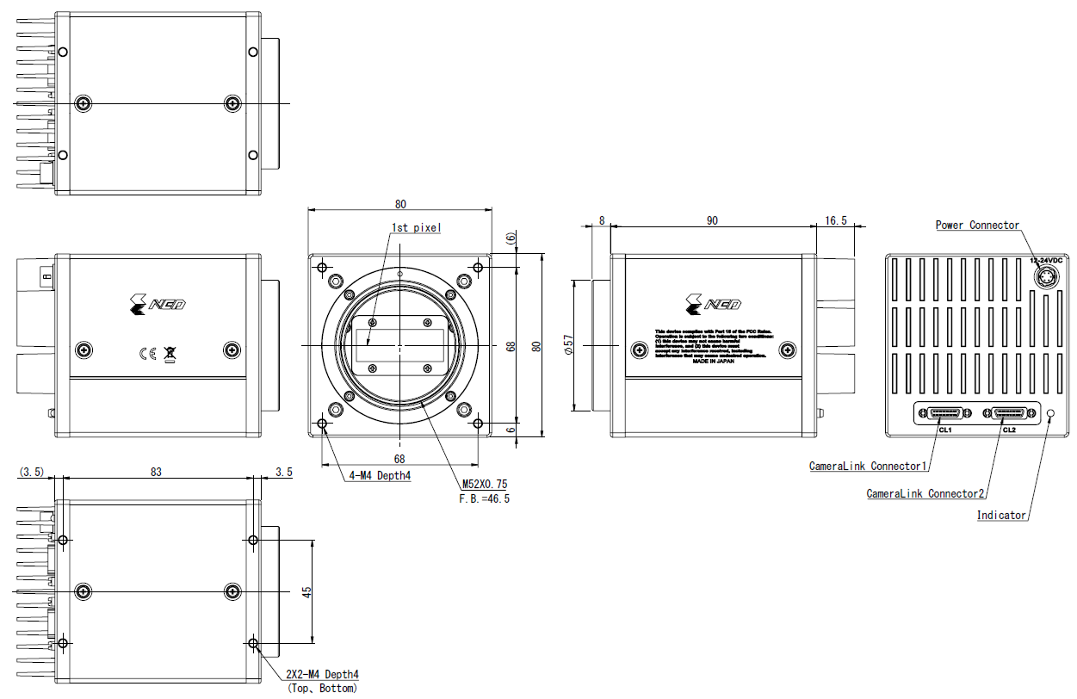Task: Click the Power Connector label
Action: (977, 226)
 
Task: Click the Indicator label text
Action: (1001, 516)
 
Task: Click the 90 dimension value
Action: (712, 220)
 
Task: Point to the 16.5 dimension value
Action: (835, 220)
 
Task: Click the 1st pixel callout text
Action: (416, 228)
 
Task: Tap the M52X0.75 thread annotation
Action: (484, 486)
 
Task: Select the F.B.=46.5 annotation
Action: (486, 498)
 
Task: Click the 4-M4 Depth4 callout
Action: (380, 475)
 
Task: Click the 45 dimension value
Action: (306, 591)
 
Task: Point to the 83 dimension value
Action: (155, 472)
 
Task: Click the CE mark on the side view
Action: (147, 352)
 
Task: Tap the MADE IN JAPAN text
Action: (713, 361)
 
